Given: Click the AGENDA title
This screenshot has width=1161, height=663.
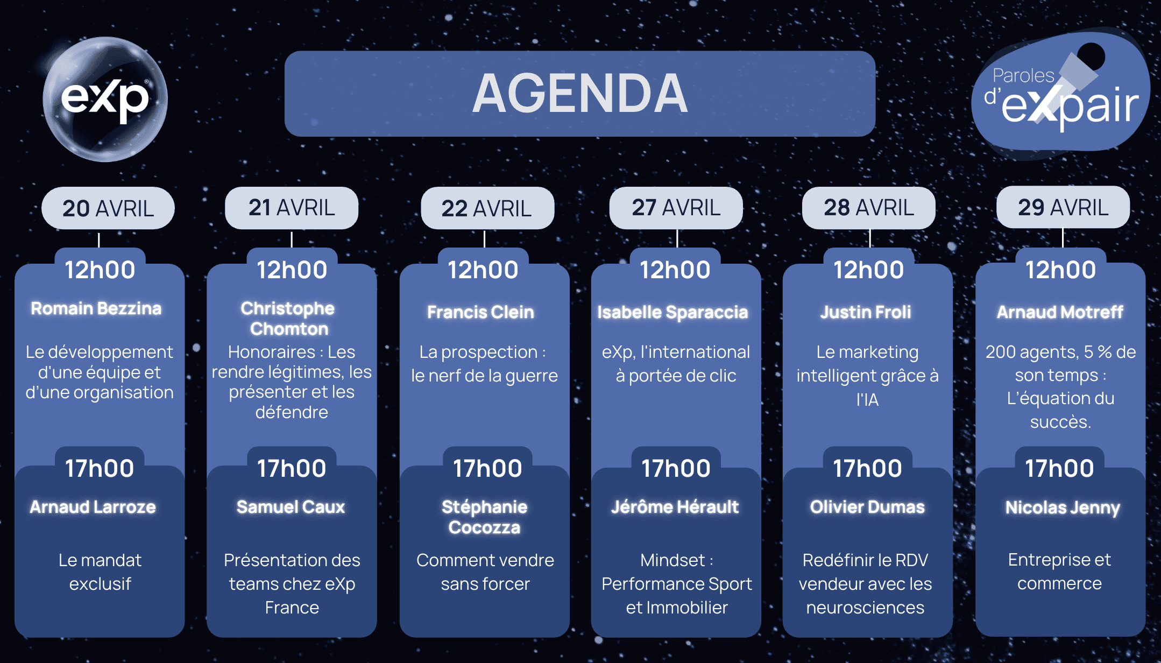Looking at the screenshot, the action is (580, 94).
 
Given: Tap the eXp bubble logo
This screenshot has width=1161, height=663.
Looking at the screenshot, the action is (105, 99).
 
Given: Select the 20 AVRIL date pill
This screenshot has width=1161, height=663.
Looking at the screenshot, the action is (108, 208).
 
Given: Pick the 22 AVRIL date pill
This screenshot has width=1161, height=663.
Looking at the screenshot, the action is (487, 208).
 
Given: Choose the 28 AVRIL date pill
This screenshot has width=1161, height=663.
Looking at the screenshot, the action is (869, 208).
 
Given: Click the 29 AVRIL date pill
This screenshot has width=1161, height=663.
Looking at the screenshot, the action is (1063, 207).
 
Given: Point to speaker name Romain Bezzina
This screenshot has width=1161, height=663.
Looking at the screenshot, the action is (96, 308).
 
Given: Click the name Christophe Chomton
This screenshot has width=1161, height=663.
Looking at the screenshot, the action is (288, 318).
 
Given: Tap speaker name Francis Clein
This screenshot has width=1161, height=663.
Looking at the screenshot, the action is (480, 312).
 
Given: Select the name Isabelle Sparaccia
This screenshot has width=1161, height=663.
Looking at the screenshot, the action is (672, 313).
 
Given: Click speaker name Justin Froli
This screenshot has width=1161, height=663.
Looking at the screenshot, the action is (866, 312).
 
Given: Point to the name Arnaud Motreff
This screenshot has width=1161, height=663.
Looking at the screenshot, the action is (1060, 312).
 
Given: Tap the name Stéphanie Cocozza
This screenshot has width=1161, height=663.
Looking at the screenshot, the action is (485, 517).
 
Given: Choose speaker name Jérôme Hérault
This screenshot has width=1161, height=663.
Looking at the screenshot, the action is (675, 507).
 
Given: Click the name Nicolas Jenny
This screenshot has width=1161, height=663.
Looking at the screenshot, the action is (1063, 507).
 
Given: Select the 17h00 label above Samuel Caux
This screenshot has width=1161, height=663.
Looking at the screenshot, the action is (292, 468).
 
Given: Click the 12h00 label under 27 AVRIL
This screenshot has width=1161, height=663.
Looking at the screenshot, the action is (675, 270).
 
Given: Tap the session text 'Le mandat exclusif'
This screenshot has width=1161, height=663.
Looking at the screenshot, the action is (100, 572).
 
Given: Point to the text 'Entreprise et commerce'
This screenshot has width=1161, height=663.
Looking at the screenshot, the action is (1059, 572).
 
